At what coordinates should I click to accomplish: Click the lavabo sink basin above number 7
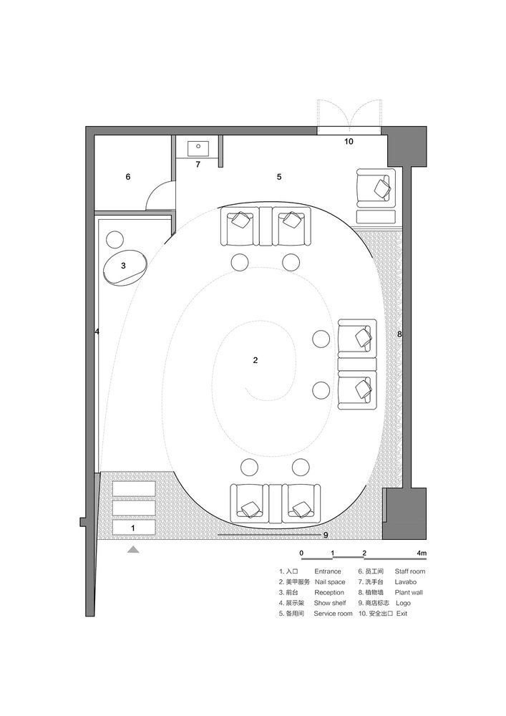tap(198, 148)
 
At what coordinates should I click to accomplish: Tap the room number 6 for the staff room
tap(128, 177)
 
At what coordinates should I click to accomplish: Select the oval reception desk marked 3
tap(125, 268)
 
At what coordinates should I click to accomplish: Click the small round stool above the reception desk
tap(115, 239)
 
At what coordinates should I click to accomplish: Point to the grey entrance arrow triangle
tap(133, 550)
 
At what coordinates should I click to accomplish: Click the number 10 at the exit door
tap(349, 142)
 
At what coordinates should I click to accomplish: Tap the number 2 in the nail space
tap(256, 360)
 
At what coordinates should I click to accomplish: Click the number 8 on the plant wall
tap(399, 334)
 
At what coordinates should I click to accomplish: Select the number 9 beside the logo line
tap(326, 535)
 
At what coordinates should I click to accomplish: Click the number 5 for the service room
tap(279, 177)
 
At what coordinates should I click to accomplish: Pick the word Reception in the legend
tap(329, 593)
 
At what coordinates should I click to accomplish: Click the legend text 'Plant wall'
tap(409, 593)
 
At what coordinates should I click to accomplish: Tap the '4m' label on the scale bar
tap(422, 553)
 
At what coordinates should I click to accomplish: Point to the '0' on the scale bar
tap(301, 553)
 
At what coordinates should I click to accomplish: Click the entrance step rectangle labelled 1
tap(133, 528)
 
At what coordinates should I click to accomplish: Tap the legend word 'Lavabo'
tap(406, 582)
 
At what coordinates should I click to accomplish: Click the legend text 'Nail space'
tap(330, 582)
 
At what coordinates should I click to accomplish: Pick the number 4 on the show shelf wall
tap(97, 332)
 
